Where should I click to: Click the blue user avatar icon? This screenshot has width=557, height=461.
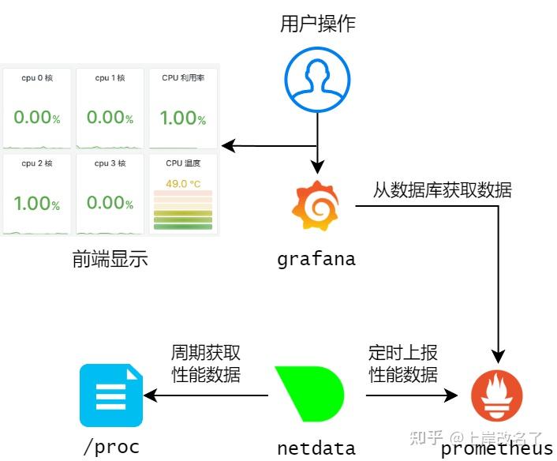pos(317,81)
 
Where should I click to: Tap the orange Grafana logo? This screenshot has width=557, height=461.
pos(316,207)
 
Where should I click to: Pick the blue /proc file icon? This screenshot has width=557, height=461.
pos(110,395)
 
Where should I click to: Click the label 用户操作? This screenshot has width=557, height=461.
pos(318,24)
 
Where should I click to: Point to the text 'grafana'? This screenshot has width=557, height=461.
pos(316,259)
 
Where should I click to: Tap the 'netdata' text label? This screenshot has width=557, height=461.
pos(316,448)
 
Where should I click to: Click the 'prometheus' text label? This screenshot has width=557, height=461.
pos(497,448)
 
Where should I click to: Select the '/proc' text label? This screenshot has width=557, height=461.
pos(111,448)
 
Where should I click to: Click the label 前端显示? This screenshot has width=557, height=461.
pos(110,259)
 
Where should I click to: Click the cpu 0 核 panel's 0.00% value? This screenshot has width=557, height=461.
pos(36,118)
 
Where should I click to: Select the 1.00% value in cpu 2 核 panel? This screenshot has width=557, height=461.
pos(36,203)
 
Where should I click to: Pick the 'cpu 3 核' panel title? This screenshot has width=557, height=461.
pos(110,163)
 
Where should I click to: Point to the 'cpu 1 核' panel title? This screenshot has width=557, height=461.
pos(110,78)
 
